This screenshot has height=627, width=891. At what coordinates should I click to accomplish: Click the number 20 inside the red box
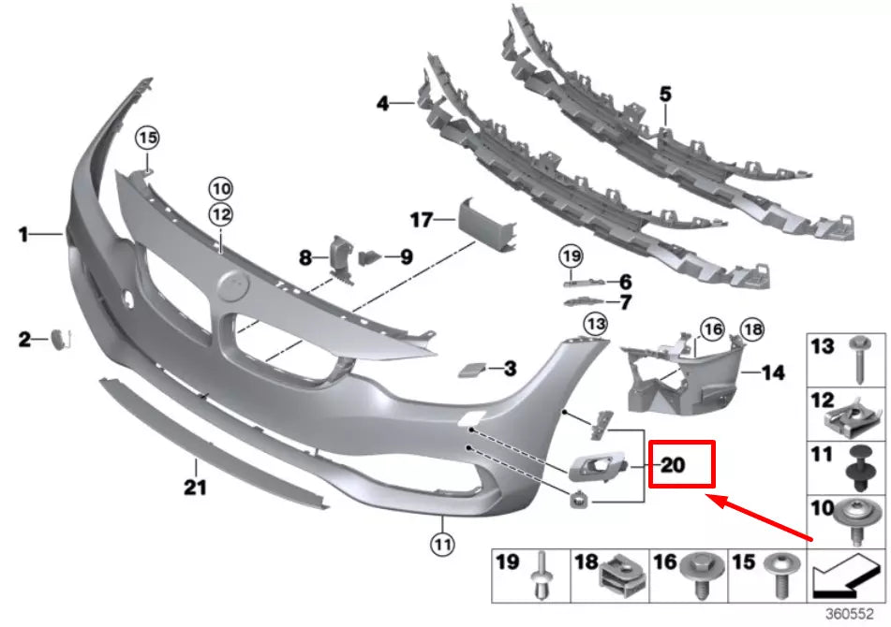click(674, 464)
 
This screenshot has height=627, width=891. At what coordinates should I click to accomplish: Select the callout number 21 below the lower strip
click(195, 488)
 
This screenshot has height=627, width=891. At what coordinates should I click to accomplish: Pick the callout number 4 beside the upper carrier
click(382, 104)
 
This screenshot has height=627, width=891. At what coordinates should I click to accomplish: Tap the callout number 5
click(665, 94)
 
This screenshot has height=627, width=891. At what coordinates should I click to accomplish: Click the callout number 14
click(773, 372)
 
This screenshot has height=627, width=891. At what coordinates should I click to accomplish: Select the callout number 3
click(509, 369)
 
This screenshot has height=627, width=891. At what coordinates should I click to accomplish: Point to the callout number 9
click(406, 255)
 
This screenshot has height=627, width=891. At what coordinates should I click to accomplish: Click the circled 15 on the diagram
click(146, 139)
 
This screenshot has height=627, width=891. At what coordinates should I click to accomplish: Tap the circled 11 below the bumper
click(441, 541)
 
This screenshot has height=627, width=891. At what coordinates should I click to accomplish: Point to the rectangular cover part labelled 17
click(488, 222)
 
